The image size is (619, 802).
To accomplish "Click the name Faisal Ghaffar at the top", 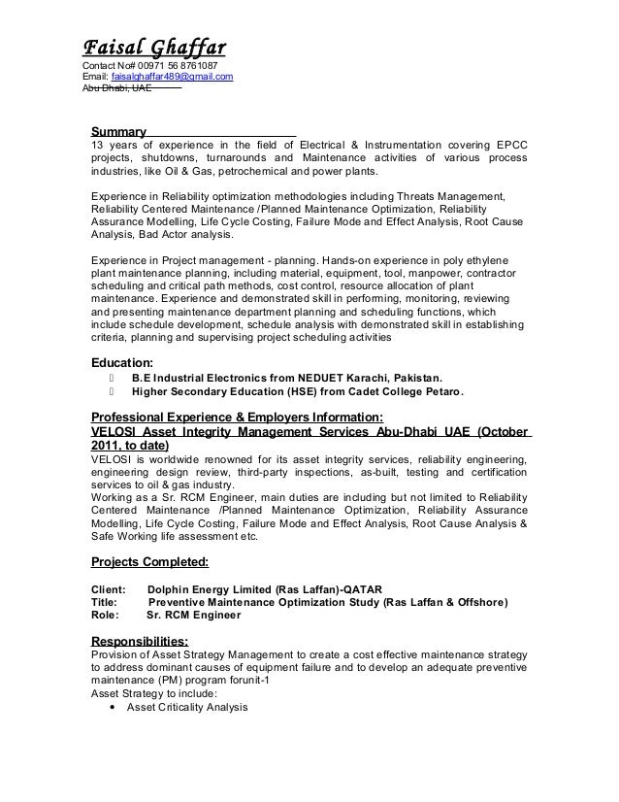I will pyautogui.click(x=151, y=46).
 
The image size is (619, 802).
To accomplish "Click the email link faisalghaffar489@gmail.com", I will pyautogui.click(x=171, y=77).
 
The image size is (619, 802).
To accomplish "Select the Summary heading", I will pyautogui.click(x=118, y=131).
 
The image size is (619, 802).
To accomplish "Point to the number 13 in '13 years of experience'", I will pyautogui.click(x=97, y=145).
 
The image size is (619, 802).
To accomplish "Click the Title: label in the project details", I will pyautogui.click(x=105, y=602).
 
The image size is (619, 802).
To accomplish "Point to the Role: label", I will pyautogui.click(x=105, y=616).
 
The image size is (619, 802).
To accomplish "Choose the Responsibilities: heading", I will pyautogui.click(x=140, y=641).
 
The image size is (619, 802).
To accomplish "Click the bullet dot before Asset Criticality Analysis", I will pyautogui.click(x=117, y=708).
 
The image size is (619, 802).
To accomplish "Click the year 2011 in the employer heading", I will pyautogui.click(x=107, y=446).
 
